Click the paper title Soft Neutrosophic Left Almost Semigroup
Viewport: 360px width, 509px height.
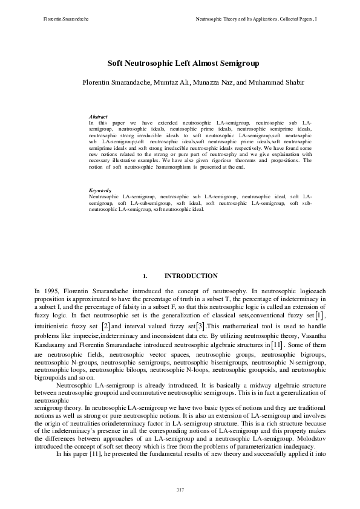coord(180,62)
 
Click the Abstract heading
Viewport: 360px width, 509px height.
coord(98,116)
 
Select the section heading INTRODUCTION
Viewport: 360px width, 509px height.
coord(191,276)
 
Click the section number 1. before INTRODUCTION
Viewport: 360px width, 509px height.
coord(145,276)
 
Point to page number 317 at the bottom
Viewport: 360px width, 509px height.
coord(180,489)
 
